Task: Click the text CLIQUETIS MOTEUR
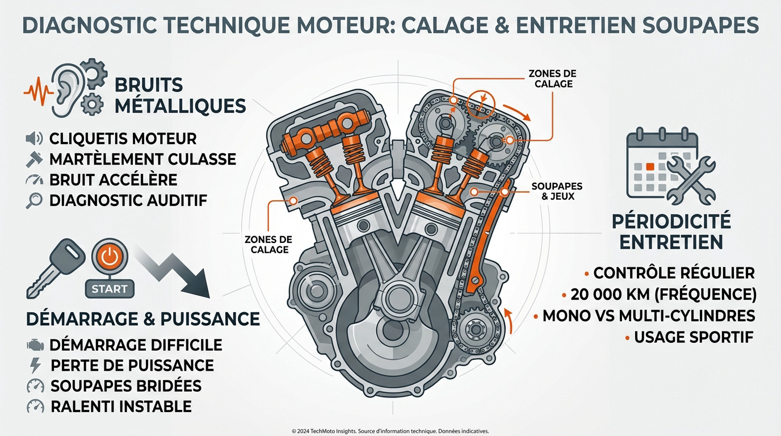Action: click(123, 139)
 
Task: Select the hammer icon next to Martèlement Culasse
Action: click(35, 159)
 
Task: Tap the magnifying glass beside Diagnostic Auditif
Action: click(35, 200)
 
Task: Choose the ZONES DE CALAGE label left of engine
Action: click(270, 245)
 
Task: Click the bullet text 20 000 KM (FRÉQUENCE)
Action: click(664, 294)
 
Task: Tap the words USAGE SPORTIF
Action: click(693, 337)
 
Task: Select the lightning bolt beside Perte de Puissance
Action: click(35, 365)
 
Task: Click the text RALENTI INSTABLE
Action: click(121, 406)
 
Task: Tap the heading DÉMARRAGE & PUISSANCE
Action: click(143, 318)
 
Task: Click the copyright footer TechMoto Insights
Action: click(390, 431)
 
